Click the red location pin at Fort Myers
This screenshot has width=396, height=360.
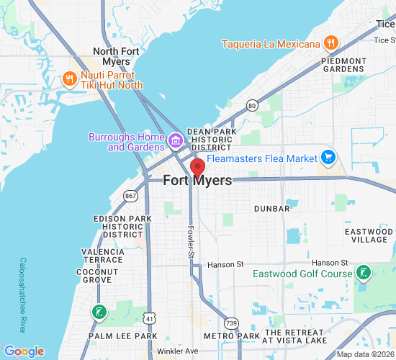point(197,168)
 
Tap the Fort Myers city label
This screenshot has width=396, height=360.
point(198,181)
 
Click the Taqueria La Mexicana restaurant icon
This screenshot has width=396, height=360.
point(330,42)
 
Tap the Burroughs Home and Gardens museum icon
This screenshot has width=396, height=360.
point(176,138)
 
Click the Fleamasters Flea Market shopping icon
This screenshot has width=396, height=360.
point(328,157)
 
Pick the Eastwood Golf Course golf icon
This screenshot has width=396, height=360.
point(364,273)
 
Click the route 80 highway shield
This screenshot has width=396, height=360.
point(252,105)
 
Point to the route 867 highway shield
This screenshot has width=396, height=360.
point(130,195)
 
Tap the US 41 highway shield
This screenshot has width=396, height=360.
point(148,318)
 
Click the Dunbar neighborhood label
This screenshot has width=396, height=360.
point(271,209)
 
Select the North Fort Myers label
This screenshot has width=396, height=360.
point(112,56)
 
